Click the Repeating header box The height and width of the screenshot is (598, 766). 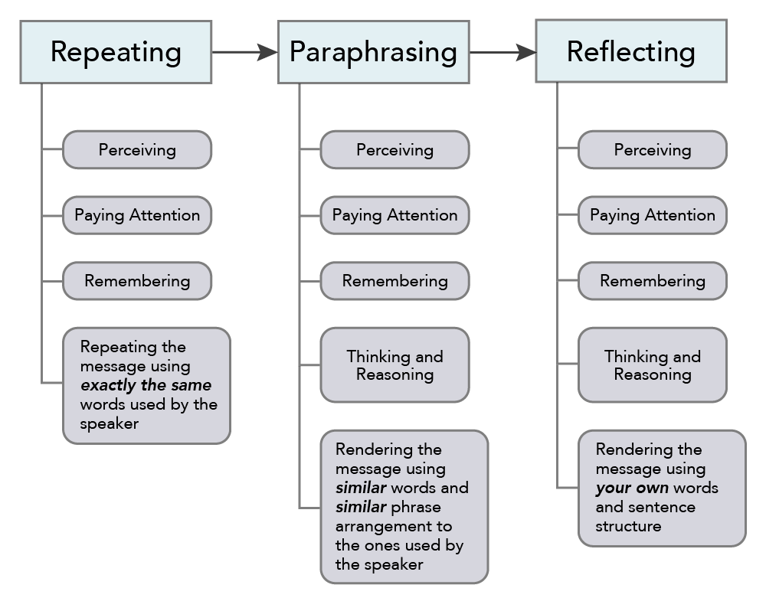(116, 52)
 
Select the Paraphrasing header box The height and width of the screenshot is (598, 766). (373, 52)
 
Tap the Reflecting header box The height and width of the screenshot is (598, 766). (630, 52)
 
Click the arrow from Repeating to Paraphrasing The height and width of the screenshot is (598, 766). (244, 52)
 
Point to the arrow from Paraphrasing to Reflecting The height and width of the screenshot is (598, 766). (502, 52)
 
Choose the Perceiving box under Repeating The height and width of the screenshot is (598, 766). (137, 150)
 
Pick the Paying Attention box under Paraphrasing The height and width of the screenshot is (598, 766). (394, 215)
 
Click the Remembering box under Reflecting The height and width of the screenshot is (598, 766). (653, 281)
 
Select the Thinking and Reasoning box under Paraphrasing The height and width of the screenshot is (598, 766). (394, 365)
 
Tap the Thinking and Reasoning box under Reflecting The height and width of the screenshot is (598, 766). (653, 365)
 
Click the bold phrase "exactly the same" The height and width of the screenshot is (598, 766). (146, 385)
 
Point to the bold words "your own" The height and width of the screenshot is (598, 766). (632, 488)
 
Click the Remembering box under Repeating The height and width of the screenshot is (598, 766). (137, 281)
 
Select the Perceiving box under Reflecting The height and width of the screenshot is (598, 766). (653, 150)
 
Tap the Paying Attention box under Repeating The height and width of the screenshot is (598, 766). (137, 215)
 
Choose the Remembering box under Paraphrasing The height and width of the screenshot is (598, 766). (394, 281)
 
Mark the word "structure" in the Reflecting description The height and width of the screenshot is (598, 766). (628, 526)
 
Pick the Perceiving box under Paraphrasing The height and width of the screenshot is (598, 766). (394, 150)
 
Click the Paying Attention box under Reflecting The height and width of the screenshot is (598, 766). (653, 215)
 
